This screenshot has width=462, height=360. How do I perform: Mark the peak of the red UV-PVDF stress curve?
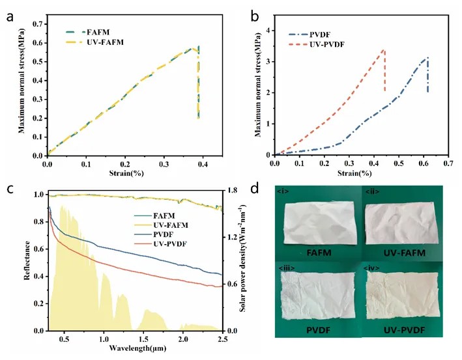(x=384, y=49)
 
